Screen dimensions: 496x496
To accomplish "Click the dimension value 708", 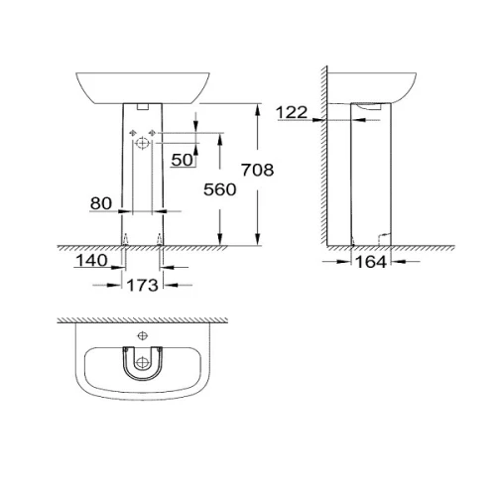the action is [258, 170].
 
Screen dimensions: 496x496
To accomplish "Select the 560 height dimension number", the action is [220, 189].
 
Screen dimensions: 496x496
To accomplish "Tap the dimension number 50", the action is [183, 160].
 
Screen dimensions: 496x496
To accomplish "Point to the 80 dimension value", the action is [101, 203].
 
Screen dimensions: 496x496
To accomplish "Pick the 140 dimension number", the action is [91, 261].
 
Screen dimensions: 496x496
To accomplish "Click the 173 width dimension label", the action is [143, 285].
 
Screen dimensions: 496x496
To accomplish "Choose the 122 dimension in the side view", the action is [292, 112].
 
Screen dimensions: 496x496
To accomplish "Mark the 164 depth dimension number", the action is [371, 262].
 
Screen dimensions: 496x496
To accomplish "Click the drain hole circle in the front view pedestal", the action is [143, 143].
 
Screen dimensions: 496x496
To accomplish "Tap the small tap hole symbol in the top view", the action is [143, 336].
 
